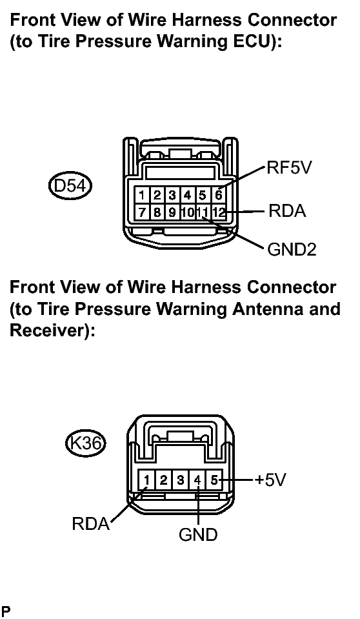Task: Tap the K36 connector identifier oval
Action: click(86, 443)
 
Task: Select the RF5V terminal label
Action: click(289, 167)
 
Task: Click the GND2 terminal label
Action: click(292, 250)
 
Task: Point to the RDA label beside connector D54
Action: click(287, 211)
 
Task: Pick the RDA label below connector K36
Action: click(91, 524)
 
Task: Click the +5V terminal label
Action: click(270, 480)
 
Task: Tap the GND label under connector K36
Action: click(198, 535)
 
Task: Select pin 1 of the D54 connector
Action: click(142, 196)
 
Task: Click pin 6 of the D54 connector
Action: click(218, 196)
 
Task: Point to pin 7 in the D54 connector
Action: click(142, 212)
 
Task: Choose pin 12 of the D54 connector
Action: click(218, 212)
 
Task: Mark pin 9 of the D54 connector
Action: click(172, 212)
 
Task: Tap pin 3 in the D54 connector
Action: click(172, 196)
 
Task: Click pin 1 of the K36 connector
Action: click(146, 480)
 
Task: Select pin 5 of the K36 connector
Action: click(214, 480)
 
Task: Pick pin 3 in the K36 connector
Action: click(181, 480)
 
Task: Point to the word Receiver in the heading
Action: click(48, 330)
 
